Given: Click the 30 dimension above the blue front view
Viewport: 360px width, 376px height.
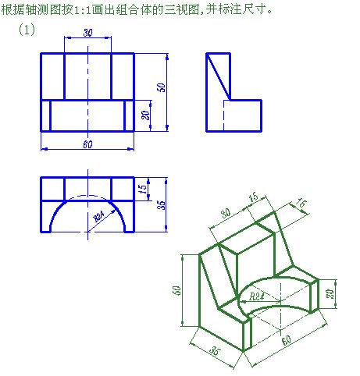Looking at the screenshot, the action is [x=88, y=33].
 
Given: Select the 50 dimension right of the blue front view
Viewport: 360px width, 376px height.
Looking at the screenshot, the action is [x=162, y=87].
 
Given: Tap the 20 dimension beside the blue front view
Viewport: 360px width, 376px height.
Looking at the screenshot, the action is [x=146, y=115].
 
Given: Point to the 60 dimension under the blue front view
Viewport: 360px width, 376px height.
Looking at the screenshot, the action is [x=87, y=144].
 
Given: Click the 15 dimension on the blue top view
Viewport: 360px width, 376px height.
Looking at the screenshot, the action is [x=144, y=189].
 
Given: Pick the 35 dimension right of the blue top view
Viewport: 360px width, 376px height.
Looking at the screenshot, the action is [x=162, y=205].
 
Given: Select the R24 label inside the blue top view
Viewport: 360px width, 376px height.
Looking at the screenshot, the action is [x=99, y=216].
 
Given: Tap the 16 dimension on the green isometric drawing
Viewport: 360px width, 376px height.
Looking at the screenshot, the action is [x=301, y=203].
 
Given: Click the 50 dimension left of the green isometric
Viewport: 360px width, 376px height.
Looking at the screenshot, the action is [x=177, y=290].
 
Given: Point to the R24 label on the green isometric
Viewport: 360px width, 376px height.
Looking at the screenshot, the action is [x=257, y=296].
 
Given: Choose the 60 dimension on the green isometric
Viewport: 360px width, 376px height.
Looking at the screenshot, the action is [x=287, y=340].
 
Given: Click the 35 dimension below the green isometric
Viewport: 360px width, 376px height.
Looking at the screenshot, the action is [x=215, y=351].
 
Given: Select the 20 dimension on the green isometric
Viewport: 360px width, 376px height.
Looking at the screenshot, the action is [x=330, y=294].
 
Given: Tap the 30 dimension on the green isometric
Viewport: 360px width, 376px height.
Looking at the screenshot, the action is [x=226, y=213].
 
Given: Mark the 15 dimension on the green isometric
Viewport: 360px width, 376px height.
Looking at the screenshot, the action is [x=254, y=197].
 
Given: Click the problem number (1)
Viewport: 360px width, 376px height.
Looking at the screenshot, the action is [x=27, y=30].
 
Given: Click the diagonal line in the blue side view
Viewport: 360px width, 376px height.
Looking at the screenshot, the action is [x=218, y=76].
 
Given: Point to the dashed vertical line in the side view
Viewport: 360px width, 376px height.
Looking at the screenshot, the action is [x=223, y=115].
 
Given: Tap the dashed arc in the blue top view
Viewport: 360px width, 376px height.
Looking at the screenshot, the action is [x=87, y=195].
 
